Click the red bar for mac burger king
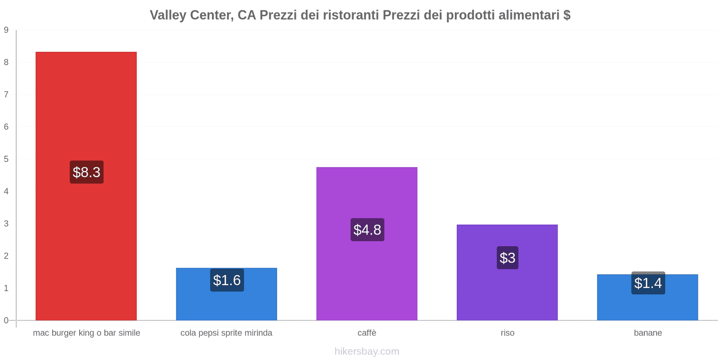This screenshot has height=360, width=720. [x=86, y=112]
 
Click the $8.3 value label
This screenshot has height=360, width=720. [x=86, y=172]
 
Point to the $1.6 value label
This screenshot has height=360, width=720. [x=227, y=280]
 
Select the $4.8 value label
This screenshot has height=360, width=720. [x=367, y=229]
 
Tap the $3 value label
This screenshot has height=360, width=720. [x=507, y=258]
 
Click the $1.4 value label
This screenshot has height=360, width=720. [x=648, y=283]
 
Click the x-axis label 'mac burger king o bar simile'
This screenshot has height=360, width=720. [x=86, y=333]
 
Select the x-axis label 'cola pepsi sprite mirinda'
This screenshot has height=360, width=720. [x=226, y=333]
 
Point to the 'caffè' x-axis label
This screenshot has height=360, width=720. [x=367, y=333]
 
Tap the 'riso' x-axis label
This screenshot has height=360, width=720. [x=507, y=333]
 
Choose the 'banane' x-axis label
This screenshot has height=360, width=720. [x=648, y=333]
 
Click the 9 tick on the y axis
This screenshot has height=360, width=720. [x=6, y=30]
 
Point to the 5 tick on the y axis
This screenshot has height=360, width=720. [x=6, y=159]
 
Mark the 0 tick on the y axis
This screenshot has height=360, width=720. [x=6, y=320]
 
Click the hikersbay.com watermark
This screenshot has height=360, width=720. [x=367, y=351]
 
